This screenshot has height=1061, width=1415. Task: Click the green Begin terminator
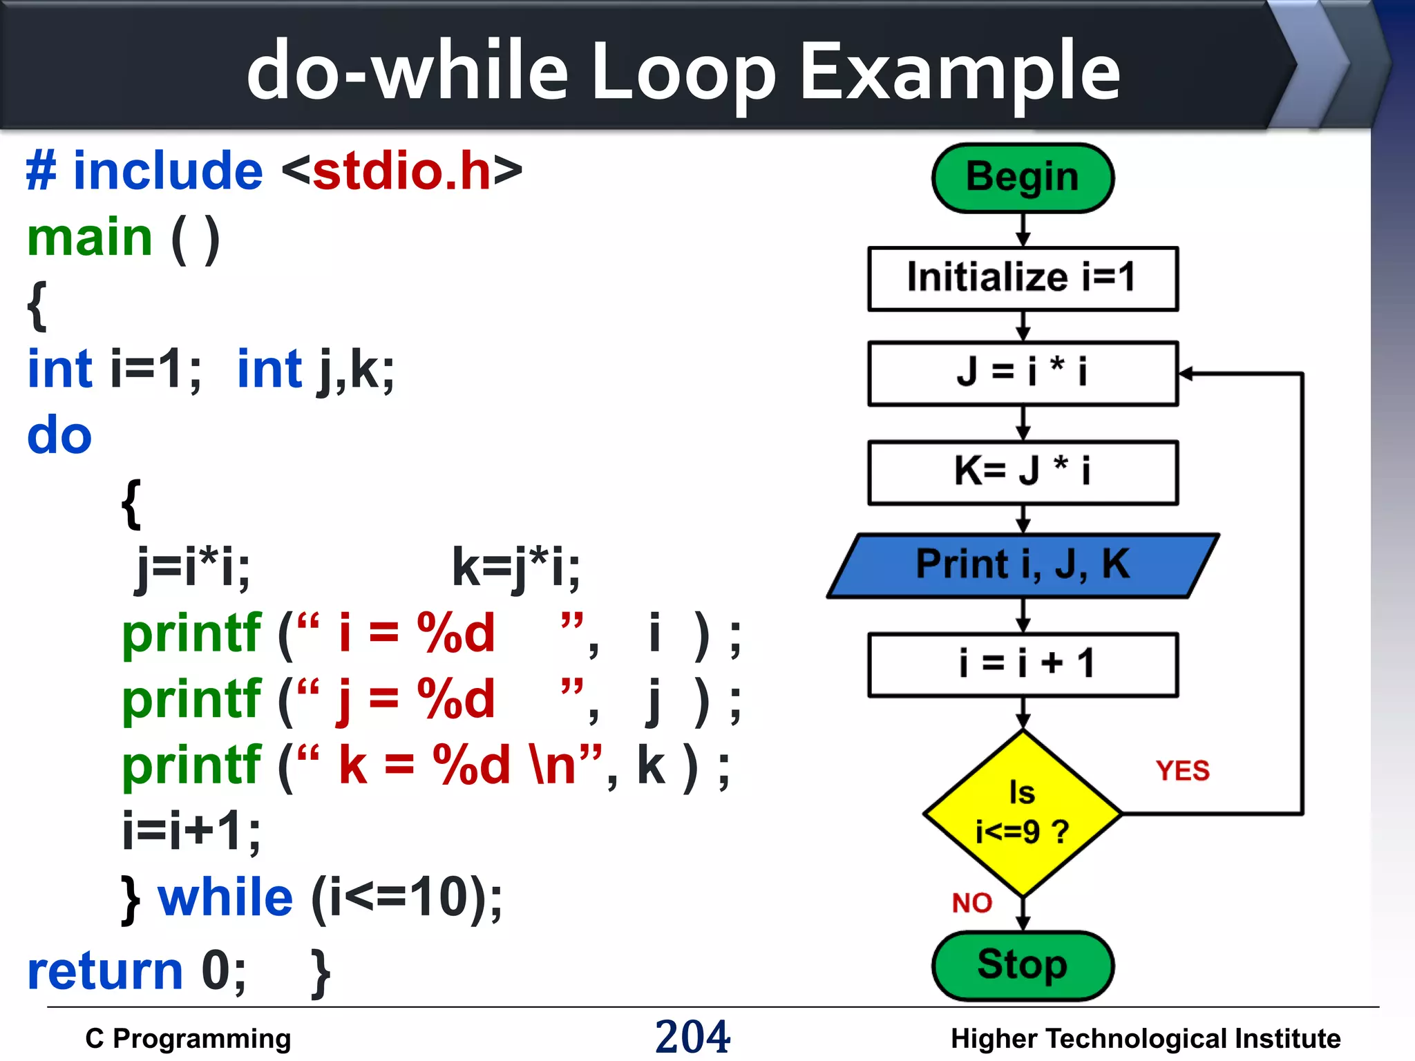click(1023, 178)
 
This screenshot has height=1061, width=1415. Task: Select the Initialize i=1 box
click(1023, 278)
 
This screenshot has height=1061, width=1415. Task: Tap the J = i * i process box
click(1023, 373)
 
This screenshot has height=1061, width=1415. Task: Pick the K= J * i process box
click(1023, 472)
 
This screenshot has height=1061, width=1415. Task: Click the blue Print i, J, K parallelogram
click(1023, 565)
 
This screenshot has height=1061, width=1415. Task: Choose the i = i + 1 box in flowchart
click(1023, 665)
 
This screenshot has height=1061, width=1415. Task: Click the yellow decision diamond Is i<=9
click(1023, 814)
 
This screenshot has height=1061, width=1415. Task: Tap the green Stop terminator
click(1023, 965)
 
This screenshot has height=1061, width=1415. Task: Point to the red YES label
click(1182, 771)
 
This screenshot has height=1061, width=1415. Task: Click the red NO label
click(971, 903)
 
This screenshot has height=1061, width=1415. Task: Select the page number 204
click(692, 1036)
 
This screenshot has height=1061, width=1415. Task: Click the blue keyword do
click(59, 436)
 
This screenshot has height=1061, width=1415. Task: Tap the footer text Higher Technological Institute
click(1145, 1039)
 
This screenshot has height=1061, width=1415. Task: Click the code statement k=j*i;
click(515, 567)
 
